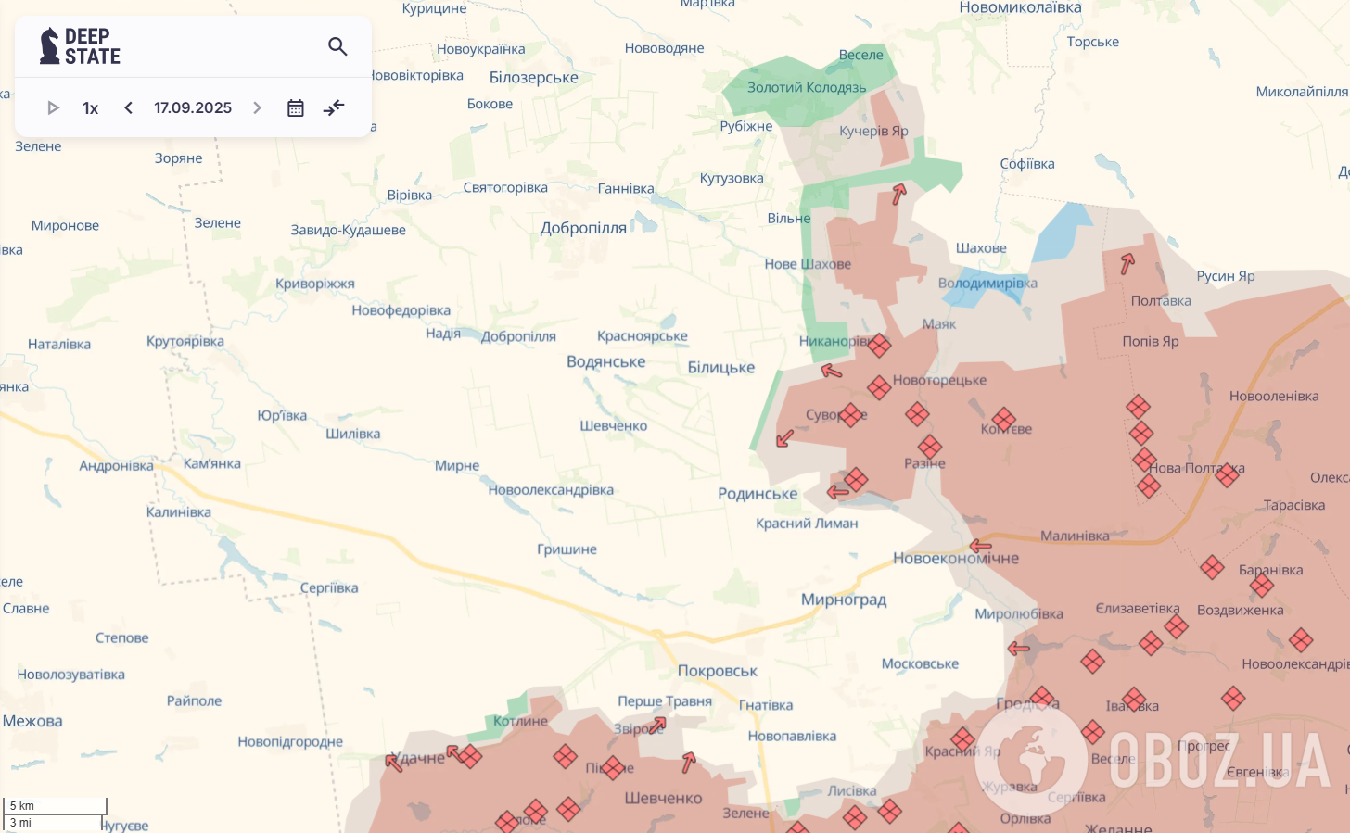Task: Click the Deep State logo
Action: (80, 46)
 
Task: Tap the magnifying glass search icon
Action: (337, 46)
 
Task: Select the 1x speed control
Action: (90, 108)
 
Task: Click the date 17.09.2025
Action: (193, 108)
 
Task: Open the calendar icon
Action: (296, 108)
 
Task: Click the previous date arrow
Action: (129, 108)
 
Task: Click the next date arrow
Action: (257, 108)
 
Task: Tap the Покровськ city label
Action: (717, 671)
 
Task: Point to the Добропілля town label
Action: (583, 228)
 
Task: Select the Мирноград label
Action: (843, 600)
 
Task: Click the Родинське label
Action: (757, 494)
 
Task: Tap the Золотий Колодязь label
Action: (806, 87)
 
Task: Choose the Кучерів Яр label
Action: (872, 131)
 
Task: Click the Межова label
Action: (32, 721)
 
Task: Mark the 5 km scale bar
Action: (56, 806)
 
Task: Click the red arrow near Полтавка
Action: (1127, 264)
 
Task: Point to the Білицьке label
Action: (720, 368)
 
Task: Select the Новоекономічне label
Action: (955, 559)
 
